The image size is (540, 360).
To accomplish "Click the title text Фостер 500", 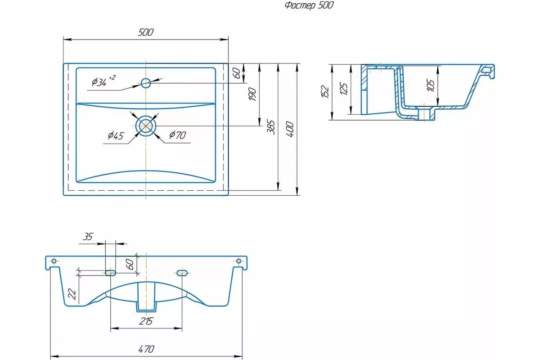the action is coord(309,5).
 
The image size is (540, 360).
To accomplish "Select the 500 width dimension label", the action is coord(146,32).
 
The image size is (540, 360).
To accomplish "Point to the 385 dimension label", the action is coord(271,127).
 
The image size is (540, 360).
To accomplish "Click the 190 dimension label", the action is coord(252,94).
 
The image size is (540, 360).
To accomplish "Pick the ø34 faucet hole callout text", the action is coord(103,81).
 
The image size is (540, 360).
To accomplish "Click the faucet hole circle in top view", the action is coord(146,83).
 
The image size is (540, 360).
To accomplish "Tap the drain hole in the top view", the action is coord(146,126).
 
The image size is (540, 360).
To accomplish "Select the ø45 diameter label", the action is coord(116,136).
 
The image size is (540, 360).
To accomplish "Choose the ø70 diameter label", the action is coord(178,135).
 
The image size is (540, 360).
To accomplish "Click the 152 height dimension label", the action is coord(325,91).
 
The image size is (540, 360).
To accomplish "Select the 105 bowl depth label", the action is coord(431,85).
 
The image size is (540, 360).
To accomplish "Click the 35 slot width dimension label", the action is coord(88,237).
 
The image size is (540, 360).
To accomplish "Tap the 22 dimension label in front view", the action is coord(72,294).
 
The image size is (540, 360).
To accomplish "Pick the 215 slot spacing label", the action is coord(146,321).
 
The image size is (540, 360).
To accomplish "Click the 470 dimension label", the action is coord(146,349).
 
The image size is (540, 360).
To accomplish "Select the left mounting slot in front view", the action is coord(111,273).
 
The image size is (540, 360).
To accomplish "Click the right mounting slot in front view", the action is coord(182,273).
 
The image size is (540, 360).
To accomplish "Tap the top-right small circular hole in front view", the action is coord(238,261).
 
